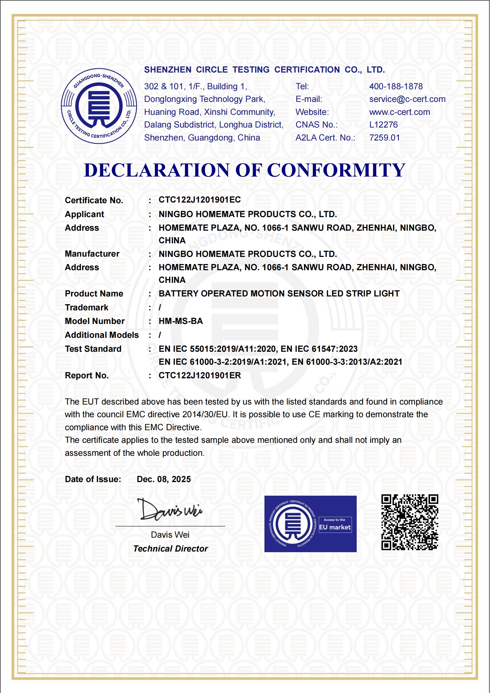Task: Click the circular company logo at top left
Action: (99, 106)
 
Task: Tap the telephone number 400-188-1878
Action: (396, 86)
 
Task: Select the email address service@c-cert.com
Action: (407, 99)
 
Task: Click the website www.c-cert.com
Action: (400, 112)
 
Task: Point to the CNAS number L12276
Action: (384, 125)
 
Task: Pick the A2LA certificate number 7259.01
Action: (384, 138)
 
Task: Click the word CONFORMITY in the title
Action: (336, 170)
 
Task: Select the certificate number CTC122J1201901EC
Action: (200, 200)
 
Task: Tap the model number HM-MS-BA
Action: (181, 321)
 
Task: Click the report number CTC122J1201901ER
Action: (200, 376)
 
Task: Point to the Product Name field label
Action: (94, 294)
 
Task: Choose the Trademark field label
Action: (87, 308)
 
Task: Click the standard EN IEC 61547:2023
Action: (319, 349)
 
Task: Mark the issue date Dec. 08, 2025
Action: (164, 479)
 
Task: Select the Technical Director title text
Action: (171, 549)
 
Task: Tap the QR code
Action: (410, 522)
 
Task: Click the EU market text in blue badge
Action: (335, 527)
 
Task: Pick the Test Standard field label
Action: (93, 349)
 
